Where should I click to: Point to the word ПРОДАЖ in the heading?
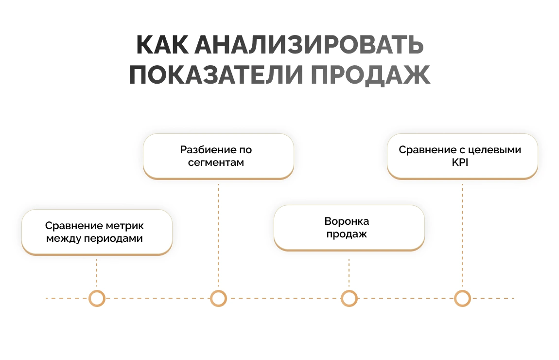[370, 75]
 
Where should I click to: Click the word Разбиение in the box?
[203, 150]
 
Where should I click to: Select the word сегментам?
[216, 162]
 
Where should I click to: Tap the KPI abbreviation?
[459, 162]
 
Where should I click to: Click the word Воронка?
[347, 221]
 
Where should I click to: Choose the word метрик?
[125, 226]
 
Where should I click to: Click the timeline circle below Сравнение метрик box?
[97, 298]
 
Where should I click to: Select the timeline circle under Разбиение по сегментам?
[218, 298]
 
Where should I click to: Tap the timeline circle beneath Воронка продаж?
[349, 298]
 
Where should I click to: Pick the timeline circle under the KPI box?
[462, 298]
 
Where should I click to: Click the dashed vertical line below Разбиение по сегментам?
[218, 234]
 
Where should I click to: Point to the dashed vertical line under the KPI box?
[462, 234]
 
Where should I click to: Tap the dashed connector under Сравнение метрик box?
[97, 272]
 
